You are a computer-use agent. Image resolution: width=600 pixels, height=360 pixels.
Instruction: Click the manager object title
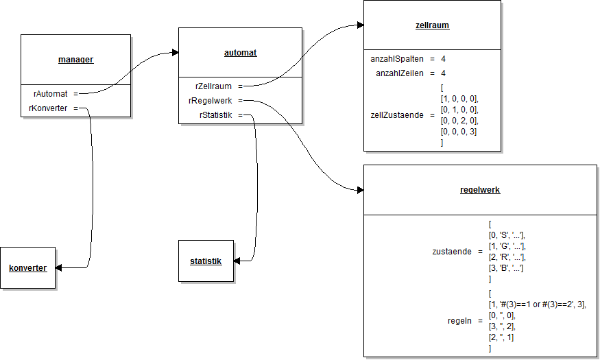(x=75, y=60)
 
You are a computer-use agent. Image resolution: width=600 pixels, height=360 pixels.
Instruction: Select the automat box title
(x=240, y=52)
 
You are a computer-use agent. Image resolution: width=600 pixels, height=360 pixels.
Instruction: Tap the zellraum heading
(x=432, y=25)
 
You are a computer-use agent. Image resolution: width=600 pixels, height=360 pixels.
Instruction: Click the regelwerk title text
(x=479, y=189)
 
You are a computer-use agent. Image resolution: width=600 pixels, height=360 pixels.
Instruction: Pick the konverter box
(x=28, y=267)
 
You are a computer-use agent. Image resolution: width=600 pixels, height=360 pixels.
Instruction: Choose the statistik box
(x=206, y=261)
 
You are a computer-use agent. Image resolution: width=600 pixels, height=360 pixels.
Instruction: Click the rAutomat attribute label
(x=50, y=93)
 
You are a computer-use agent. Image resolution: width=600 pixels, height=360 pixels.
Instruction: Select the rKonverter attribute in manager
(x=48, y=108)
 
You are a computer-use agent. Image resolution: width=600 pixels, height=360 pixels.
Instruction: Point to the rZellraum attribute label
(x=213, y=86)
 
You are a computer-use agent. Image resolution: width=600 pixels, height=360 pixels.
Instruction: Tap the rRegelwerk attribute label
(x=211, y=101)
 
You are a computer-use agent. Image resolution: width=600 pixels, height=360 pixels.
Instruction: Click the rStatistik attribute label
(x=215, y=115)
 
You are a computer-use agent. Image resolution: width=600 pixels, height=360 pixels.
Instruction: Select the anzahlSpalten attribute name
(x=397, y=59)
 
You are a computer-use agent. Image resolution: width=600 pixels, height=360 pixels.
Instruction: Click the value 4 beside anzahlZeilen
(x=444, y=73)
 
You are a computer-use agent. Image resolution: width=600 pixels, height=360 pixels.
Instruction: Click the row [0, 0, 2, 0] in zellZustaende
(x=459, y=121)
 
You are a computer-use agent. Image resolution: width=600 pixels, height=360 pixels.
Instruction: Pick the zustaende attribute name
(x=452, y=252)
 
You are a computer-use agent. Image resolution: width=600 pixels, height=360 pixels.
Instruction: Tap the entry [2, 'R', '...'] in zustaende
(x=506, y=256)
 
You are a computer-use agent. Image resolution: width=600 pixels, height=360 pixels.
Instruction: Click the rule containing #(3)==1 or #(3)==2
(x=538, y=304)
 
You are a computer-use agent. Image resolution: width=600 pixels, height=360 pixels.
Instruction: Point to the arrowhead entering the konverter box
(x=60, y=267)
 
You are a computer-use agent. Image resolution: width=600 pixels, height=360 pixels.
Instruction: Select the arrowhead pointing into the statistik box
(x=237, y=261)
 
